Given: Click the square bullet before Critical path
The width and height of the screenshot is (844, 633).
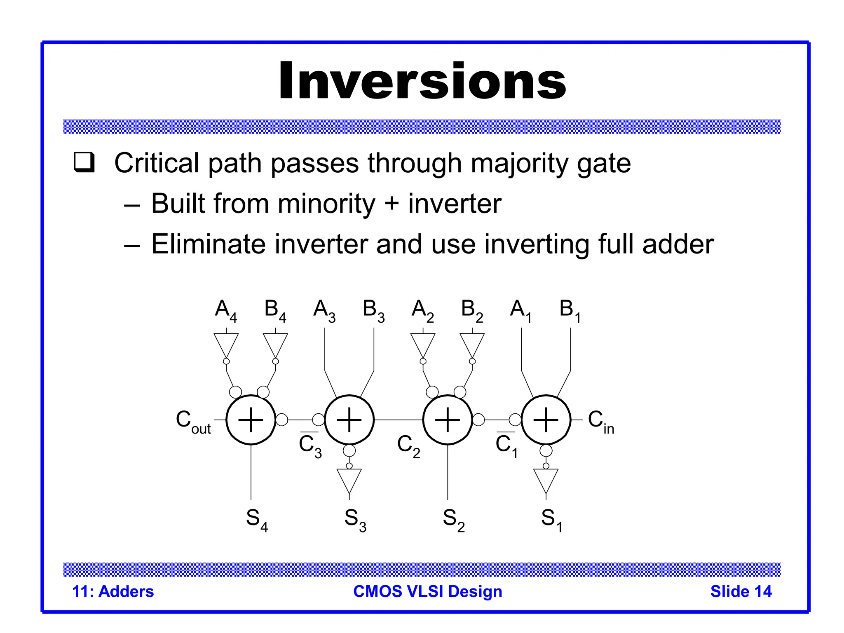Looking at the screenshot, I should click(84, 162).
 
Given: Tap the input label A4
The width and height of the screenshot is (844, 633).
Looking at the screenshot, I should click(226, 310).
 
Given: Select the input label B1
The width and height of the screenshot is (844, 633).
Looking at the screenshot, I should click(570, 310).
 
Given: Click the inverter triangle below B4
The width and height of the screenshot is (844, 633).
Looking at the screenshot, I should click(275, 344).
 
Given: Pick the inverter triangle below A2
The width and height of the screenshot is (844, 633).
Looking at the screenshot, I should click(423, 344).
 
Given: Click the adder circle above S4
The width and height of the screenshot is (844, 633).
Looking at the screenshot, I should click(251, 420).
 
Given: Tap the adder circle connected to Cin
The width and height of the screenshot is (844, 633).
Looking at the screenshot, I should click(546, 420).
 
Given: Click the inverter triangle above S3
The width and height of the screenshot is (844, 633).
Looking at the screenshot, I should click(349, 480).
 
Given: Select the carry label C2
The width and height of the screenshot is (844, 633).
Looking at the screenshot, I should click(408, 445).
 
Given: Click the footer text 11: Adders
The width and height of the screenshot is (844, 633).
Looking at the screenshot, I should click(113, 591).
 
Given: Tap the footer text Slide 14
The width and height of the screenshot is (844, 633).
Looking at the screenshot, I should click(741, 591).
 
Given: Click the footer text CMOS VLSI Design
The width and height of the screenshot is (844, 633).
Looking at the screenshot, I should click(427, 591).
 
